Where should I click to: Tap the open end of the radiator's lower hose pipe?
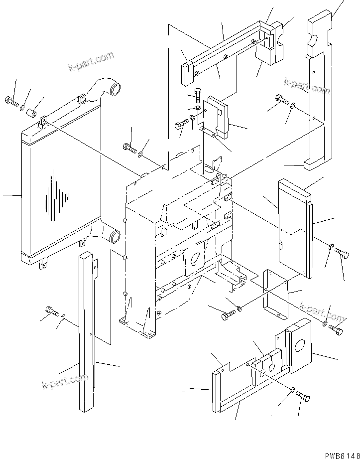click(114, 236)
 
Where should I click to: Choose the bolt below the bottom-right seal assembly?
click(303, 397)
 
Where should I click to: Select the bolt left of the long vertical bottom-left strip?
click(52, 312)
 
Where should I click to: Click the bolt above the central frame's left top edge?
click(128, 147)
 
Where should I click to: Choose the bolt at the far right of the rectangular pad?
click(341, 254)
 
